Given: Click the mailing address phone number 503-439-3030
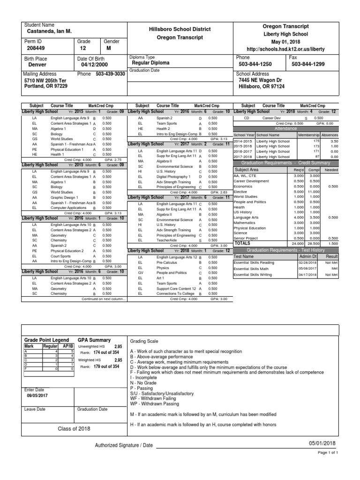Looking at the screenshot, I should point(110,74).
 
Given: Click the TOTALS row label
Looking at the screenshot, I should point(243,243).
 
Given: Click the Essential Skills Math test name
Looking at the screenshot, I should point(251,269).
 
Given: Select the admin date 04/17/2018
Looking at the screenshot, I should point(308,275).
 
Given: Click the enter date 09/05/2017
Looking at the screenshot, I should point(37,396).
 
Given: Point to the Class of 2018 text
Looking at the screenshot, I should point(74,428).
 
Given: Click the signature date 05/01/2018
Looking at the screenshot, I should point(322,443).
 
